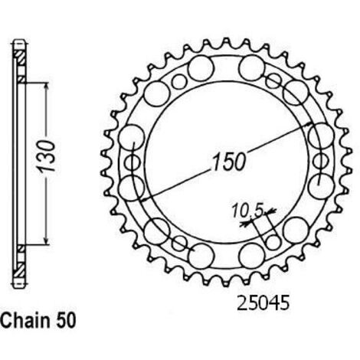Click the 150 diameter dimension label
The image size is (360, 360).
pos(229,162)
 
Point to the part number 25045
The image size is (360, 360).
pos(263,303)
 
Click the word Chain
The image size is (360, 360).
pos(25,320)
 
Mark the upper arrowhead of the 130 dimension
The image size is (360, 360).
pos(46,87)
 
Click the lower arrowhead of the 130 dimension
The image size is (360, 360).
pos(46,240)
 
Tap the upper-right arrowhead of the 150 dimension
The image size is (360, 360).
pos(309,124)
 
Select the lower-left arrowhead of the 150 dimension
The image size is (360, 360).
pos(145,200)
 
